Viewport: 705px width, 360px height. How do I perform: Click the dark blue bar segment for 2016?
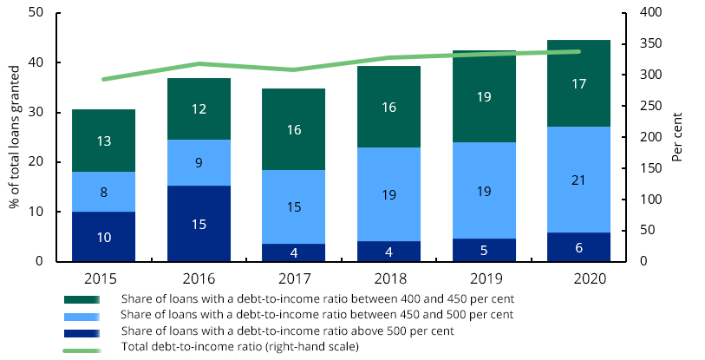coord(199,223)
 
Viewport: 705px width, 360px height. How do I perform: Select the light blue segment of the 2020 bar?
coord(578,180)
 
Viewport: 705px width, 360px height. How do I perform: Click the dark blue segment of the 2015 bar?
coord(103,236)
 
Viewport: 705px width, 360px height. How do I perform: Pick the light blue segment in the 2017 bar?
coord(294,207)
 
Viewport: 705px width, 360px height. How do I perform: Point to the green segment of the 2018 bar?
coord(388,107)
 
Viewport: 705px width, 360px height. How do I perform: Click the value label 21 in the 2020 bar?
coord(578,180)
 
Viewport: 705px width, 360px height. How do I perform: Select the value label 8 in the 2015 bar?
coord(103,193)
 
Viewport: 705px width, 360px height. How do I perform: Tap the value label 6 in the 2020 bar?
coord(578,247)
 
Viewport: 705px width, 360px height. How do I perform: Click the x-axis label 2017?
coord(294,278)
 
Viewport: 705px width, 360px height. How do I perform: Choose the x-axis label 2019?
coord(484,278)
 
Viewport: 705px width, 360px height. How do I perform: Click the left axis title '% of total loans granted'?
coord(15,137)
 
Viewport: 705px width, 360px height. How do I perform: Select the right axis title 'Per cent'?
coord(677,137)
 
